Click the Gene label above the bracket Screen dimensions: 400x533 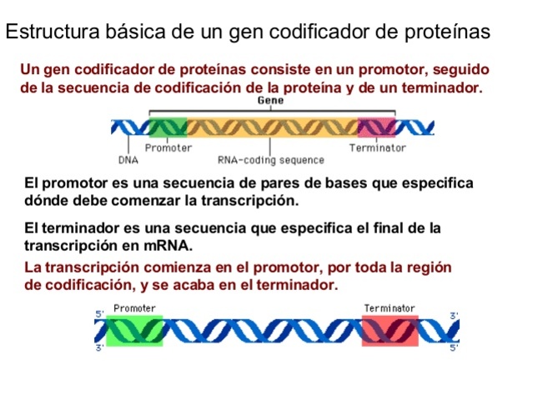click(x=270, y=100)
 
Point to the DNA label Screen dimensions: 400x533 click(x=128, y=159)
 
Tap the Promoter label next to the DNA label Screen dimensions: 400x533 click(x=168, y=147)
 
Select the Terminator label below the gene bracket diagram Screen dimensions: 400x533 click(x=377, y=147)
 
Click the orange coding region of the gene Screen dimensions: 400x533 click(x=272, y=127)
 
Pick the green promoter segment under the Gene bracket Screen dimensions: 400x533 click(x=169, y=127)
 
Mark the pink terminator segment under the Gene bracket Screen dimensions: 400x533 click(x=377, y=127)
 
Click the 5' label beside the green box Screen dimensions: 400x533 click(x=98, y=314)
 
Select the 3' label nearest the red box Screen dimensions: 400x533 click(x=454, y=316)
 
